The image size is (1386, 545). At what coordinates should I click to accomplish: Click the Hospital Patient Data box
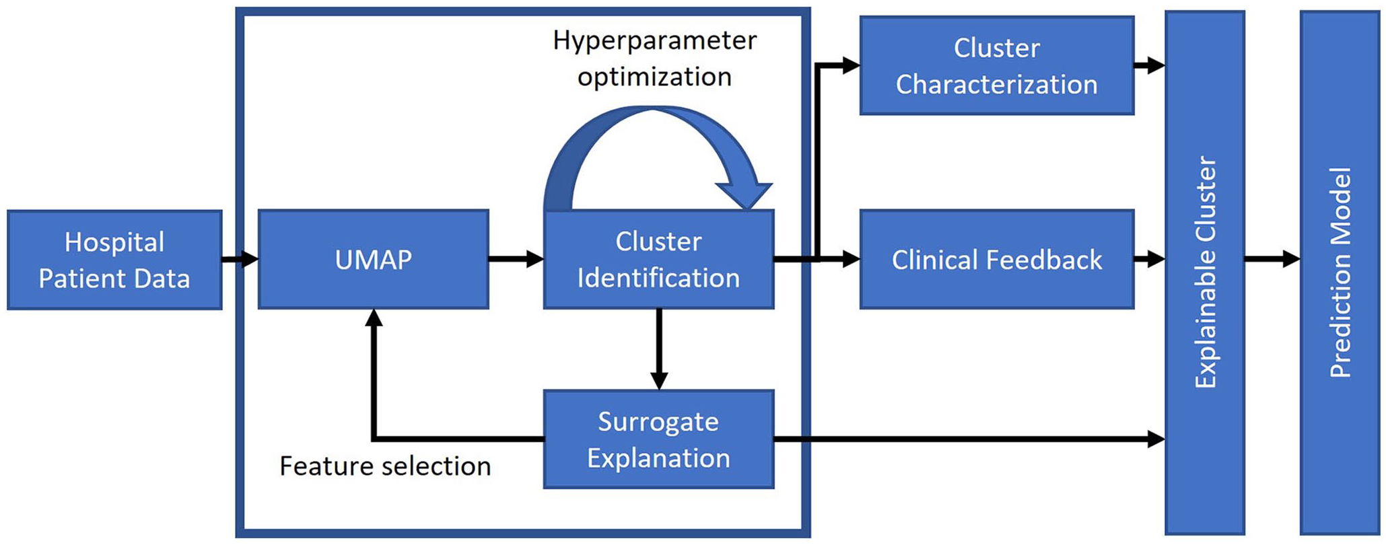[114, 260]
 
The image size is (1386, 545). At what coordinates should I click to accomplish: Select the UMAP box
[374, 260]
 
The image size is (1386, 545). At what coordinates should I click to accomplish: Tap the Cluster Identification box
[658, 260]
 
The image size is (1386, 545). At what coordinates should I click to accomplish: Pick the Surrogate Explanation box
[658, 439]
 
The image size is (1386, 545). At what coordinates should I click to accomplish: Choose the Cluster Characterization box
[997, 66]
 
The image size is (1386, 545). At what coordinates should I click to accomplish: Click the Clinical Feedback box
[997, 260]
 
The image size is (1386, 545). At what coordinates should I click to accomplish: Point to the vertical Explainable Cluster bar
[1205, 272]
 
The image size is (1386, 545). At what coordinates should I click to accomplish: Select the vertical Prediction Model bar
[1340, 272]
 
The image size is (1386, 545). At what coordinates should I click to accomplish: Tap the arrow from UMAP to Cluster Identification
[516, 259]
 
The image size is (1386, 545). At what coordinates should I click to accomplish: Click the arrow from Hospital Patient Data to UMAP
[240, 259]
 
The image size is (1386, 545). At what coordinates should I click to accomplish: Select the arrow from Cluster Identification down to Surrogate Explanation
[659, 349]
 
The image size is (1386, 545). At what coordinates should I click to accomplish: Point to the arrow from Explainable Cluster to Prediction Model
[1272, 259]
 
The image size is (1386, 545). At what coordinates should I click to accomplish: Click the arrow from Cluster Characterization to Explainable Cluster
[1150, 66]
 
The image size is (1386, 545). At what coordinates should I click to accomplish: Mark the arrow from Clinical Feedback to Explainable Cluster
[1150, 259]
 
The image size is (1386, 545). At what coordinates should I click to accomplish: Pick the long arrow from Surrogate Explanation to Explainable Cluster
[969, 439]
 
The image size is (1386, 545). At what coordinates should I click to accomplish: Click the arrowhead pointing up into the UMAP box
[374, 318]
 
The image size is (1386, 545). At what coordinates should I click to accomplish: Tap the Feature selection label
[385, 466]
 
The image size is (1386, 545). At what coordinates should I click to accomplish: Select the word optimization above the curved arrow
[655, 77]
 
